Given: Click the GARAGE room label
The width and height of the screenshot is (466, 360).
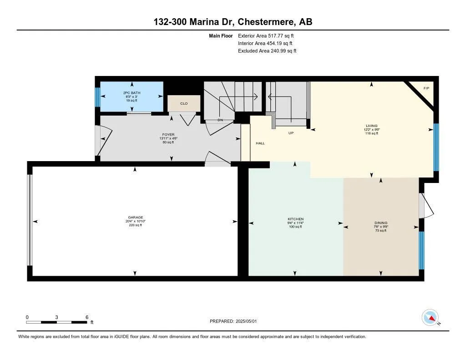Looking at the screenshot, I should [136, 218].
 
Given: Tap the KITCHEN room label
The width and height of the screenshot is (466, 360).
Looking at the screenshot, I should [296, 219].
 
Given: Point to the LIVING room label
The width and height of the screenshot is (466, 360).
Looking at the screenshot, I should [372, 126].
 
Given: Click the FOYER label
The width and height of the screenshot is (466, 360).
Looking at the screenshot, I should [168, 135].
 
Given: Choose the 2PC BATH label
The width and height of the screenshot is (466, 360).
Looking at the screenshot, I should [132, 93].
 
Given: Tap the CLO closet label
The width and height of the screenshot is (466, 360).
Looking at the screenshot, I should [184, 104].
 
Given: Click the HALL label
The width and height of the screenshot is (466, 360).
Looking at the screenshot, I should [260, 143].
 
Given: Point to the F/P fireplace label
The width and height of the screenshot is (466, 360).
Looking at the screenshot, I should [426, 88].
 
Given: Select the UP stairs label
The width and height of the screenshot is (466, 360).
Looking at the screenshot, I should [291, 133].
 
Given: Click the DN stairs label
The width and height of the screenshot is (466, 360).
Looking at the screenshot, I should [220, 120].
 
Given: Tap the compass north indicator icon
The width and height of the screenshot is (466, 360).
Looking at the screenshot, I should [430, 317].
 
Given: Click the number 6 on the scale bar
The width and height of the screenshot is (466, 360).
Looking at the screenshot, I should [86, 317].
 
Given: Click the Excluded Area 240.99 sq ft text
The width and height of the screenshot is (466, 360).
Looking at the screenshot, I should [267, 51].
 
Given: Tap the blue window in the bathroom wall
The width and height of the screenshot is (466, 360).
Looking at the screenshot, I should [97, 96].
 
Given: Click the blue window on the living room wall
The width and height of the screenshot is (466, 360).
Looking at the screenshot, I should [436, 147].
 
